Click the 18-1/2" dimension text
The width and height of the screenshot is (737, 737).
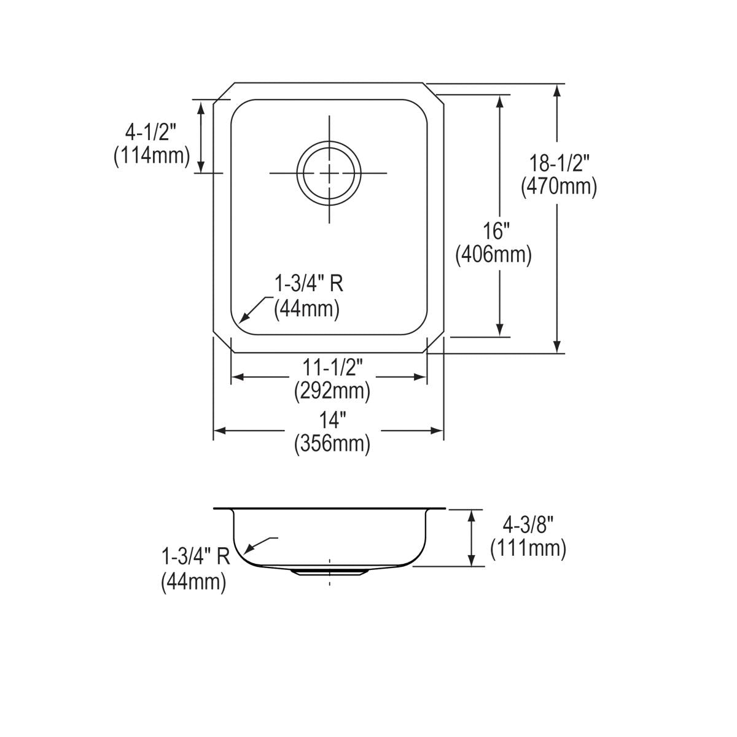[x=558, y=163]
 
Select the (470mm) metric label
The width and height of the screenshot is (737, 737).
[x=558, y=186]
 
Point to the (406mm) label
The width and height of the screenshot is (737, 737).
[x=493, y=254]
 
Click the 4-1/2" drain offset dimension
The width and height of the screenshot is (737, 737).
[x=150, y=132]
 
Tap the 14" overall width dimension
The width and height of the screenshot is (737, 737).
[x=332, y=421]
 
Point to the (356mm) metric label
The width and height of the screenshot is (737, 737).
[x=332, y=443]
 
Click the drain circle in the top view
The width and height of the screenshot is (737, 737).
[x=329, y=173]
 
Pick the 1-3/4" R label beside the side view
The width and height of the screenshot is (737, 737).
[x=195, y=557]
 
